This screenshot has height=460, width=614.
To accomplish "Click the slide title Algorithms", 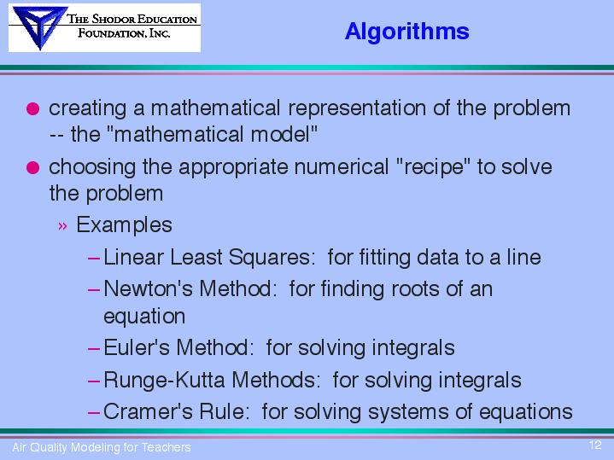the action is click(406, 32).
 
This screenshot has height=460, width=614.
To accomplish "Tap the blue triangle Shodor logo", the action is click(39, 26).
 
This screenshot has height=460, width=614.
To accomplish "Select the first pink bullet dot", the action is click(33, 108).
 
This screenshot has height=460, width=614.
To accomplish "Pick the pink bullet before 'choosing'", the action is click(33, 167).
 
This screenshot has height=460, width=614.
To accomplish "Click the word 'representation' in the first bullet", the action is click(357, 108).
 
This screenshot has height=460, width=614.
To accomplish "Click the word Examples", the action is click(124, 225).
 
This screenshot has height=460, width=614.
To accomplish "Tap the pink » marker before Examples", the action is click(62, 226).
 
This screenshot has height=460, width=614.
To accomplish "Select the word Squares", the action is click(272, 258).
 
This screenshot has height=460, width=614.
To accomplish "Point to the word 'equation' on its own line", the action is click(144, 317).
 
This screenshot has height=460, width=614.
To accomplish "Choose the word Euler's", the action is click(137, 347).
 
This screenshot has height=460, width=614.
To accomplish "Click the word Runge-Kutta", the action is click(164, 380).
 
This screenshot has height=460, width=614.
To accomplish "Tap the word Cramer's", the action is click(148, 411).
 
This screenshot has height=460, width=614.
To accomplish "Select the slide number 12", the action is click(595, 445).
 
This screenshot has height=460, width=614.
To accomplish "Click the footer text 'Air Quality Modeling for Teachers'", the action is click(102, 447).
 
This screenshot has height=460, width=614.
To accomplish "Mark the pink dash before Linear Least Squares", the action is click(94, 259).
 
